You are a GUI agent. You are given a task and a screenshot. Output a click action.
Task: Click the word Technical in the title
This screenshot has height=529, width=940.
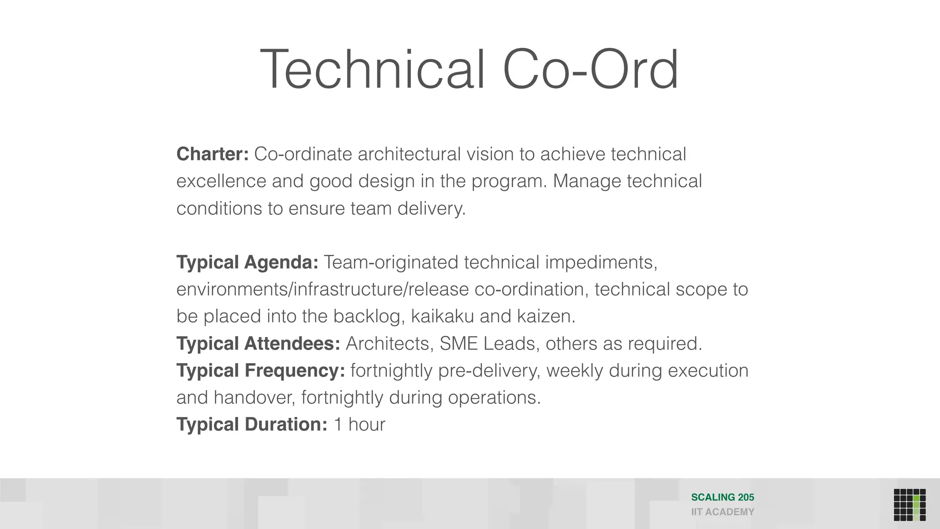(372, 70)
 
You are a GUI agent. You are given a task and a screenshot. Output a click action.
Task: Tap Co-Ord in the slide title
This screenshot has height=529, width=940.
(590, 70)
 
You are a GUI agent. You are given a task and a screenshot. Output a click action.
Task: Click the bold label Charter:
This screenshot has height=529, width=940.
(213, 154)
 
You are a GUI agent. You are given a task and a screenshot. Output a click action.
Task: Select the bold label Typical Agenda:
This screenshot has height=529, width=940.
(247, 262)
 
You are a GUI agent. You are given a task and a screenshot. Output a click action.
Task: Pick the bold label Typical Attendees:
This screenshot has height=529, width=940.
(258, 343)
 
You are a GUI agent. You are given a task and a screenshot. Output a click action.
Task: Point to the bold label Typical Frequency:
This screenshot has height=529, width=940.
(261, 371)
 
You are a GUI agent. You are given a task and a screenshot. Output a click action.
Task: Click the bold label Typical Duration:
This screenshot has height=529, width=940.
(252, 424)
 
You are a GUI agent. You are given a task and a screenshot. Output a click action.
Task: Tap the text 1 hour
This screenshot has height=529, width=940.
(359, 424)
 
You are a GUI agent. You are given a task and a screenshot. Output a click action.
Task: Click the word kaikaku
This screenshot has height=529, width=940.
(442, 316)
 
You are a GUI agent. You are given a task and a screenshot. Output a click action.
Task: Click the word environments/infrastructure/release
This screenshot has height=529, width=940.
(323, 289)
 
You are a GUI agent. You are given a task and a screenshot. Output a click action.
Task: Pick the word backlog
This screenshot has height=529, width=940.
(369, 316)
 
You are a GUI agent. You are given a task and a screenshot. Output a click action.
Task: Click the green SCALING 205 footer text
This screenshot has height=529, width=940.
(722, 497)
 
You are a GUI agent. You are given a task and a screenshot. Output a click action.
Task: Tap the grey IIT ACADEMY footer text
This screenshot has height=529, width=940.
(722, 512)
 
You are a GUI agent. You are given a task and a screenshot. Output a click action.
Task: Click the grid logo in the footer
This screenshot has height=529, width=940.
(910, 505)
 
